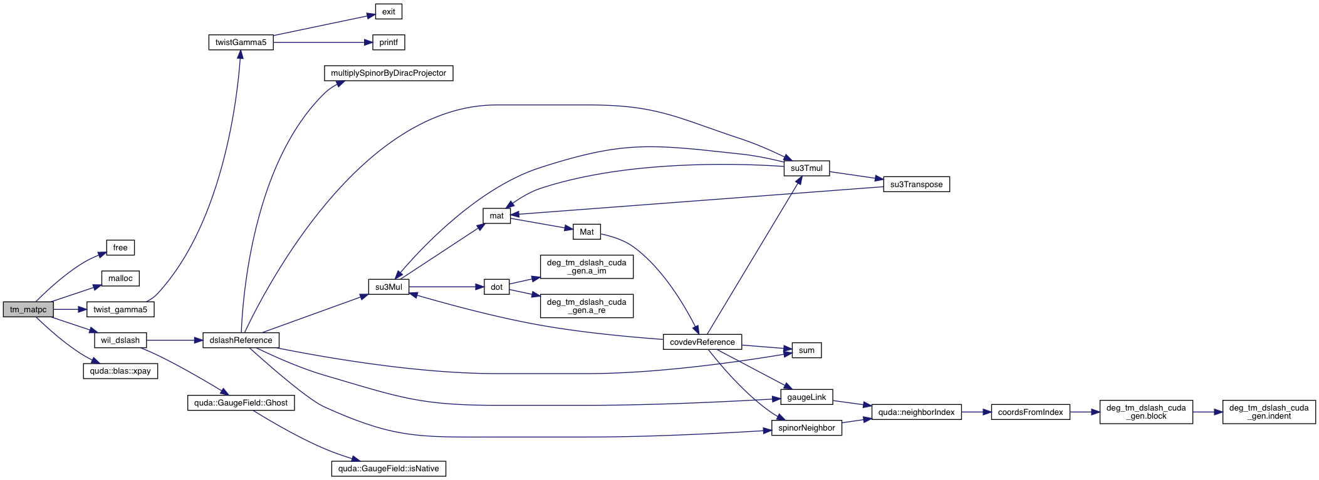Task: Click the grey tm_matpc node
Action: pos(28,310)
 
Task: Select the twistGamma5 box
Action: pos(241,43)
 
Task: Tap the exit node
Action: pos(388,12)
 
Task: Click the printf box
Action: pos(388,43)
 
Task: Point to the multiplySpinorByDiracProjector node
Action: pos(388,73)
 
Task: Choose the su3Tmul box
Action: pos(806,168)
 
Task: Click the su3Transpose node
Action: pos(916,185)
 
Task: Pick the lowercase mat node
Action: pos(496,216)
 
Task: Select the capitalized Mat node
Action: pos(587,232)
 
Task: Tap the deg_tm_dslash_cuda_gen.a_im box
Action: pos(587,267)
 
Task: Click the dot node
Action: pos(496,287)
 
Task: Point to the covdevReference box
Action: pos(702,342)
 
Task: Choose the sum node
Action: pos(806,350)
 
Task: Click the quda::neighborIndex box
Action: pos(916,412)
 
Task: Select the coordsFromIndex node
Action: pos(1030,412)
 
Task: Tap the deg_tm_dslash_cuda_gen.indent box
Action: pos(1269,412)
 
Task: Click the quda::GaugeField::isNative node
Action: pos(388,469)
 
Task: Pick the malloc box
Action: pos(120,278)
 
